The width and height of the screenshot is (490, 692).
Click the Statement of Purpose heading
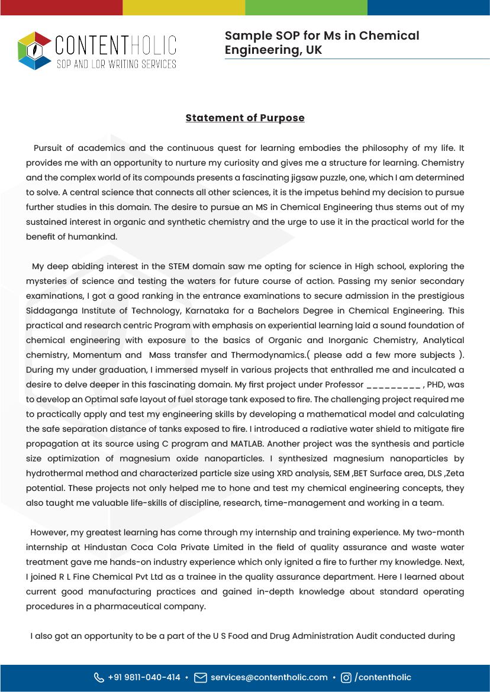245,118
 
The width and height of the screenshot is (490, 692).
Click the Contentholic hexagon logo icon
35,50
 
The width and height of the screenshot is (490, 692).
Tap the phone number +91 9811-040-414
144,677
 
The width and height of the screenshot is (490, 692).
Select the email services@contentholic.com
269,677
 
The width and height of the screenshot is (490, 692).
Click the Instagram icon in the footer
346,678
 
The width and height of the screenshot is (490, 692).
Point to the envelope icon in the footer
201,678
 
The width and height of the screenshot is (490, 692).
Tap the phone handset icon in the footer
99,678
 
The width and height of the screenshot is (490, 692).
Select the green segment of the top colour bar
306,7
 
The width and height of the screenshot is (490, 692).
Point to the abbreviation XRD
287,473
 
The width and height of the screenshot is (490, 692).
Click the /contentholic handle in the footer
382,677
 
